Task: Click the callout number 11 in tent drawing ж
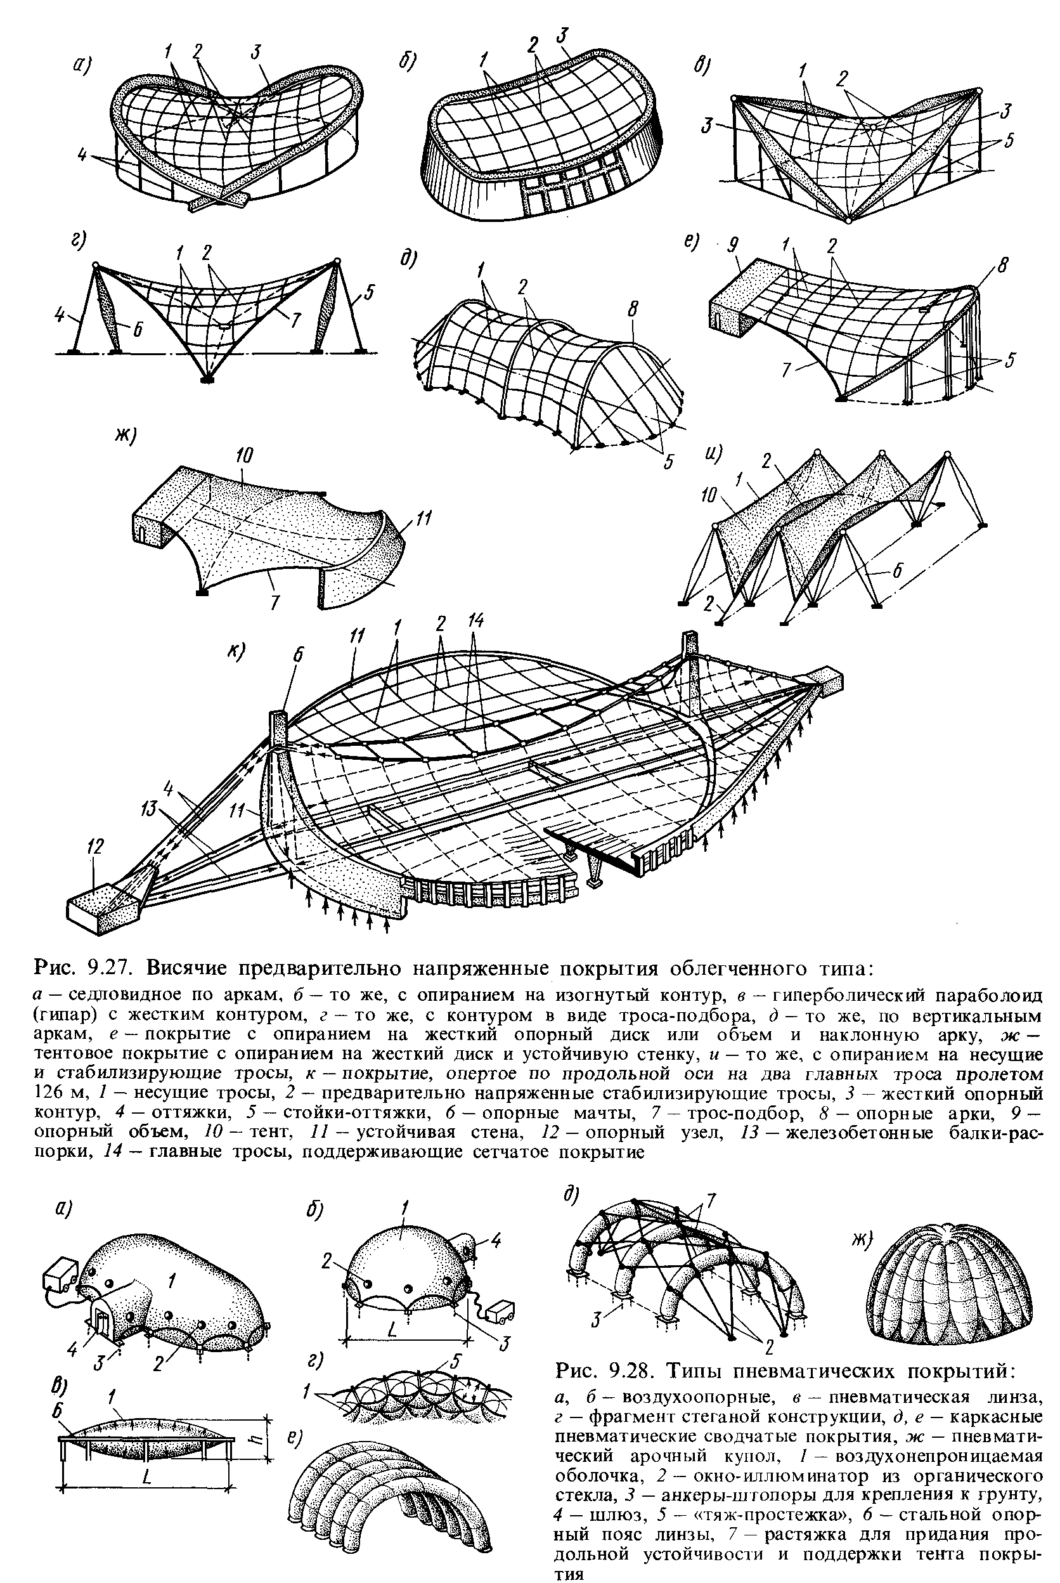click(425, 519)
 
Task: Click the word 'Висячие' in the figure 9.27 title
click(193, 970)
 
